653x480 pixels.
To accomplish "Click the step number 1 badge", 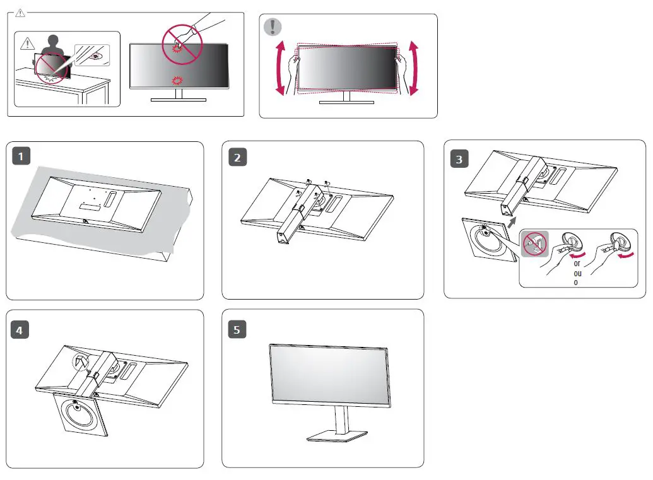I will point(22,156).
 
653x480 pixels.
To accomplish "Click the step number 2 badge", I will point(237,156).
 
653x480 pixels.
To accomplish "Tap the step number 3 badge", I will point(459,159).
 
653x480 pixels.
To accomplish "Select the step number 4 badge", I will point(22,329).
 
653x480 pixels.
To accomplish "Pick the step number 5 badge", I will point(237,329).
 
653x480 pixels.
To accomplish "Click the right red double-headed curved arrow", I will point(414,69).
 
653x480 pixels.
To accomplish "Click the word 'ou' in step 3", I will point(577,272).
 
